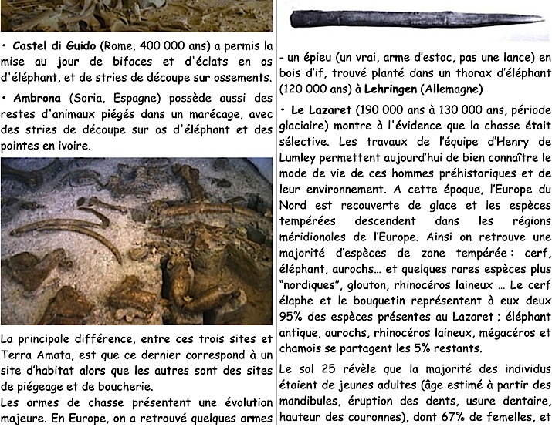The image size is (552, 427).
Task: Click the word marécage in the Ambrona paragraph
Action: [x=201, y=116]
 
